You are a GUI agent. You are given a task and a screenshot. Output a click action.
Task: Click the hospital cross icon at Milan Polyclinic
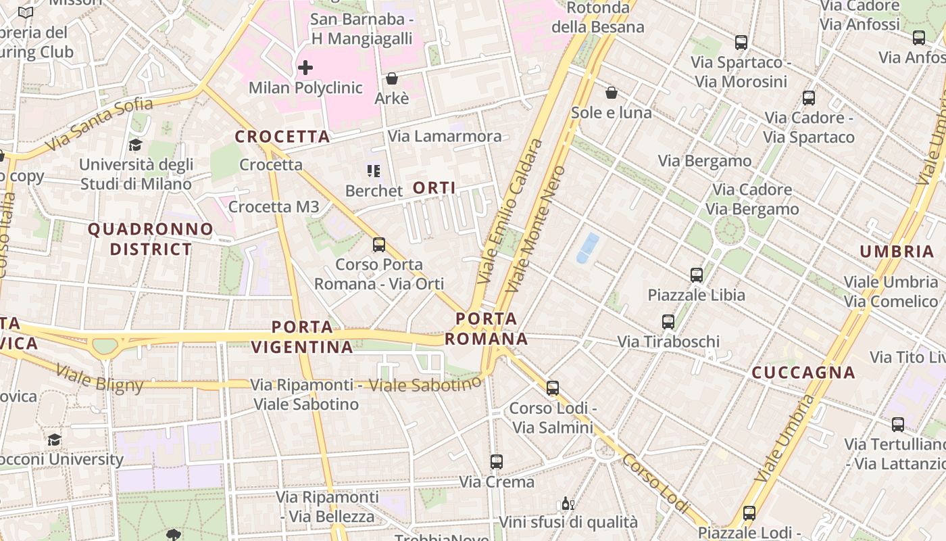pos(305,68)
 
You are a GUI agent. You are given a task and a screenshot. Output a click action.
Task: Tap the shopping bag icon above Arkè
pos(391,78)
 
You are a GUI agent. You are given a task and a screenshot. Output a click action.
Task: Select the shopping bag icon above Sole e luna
pos(612,92)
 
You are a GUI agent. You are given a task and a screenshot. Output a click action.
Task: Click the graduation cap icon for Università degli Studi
pos(136,145)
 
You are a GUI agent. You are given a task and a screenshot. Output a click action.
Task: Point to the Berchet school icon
pos(373,171)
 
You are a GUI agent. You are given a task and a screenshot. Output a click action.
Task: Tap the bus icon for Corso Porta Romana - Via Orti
pos(379,244)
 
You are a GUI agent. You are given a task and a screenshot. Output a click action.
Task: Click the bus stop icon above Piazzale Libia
pos(697,275)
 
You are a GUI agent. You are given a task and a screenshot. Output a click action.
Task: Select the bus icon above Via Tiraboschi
pos(668,322)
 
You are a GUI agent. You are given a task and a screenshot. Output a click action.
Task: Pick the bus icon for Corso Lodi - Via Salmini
pos(553,388)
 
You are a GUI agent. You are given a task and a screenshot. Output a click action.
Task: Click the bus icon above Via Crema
pos(497,462)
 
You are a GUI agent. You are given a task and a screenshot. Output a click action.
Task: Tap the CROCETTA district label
pos(282,137)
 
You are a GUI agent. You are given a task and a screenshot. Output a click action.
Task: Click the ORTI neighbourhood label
pos(434,188)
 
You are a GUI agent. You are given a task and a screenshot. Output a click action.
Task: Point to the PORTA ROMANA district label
pos(486,329)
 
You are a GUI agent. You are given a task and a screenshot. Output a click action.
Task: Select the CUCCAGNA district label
pos(803,373)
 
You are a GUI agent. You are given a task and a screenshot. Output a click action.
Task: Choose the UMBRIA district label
pos(897,252)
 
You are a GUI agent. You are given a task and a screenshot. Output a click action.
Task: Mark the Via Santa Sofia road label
pos(99,125)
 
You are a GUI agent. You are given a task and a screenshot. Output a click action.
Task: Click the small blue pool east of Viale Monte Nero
pos(587,248)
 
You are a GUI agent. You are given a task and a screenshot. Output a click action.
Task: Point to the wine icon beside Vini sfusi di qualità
pos(568,504)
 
